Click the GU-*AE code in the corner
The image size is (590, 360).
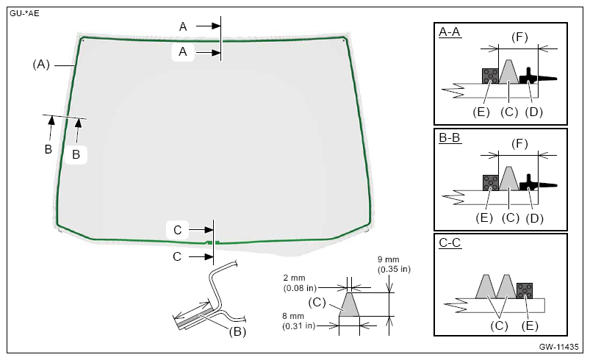click(24, 14)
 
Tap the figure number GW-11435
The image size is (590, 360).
click(558, 347)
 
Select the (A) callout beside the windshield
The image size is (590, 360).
click(41, 65)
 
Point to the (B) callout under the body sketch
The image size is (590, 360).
click(237, 332)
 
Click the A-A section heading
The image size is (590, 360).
click(449, 32)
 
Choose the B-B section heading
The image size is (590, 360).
click(449, 137)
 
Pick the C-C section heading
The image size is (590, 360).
click(450, 242)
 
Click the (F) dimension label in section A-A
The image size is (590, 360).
click(519, 37)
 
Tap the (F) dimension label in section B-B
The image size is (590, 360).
click(519, 144)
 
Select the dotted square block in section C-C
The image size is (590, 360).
click(525, 291)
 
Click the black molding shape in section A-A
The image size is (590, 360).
click(537, 76)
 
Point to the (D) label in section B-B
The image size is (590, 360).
click(534, 218)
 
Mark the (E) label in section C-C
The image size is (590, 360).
click(530, 325)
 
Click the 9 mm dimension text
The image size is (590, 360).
click(389, 259)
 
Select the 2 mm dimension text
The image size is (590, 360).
click(294, 278)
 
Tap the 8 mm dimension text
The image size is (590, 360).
click(293, 316)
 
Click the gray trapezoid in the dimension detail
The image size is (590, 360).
click(349, 305)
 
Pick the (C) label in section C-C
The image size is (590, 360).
click(499, 325)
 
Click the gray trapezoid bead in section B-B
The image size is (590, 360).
click(509, 179)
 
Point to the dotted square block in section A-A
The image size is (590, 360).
click(490, 76)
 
